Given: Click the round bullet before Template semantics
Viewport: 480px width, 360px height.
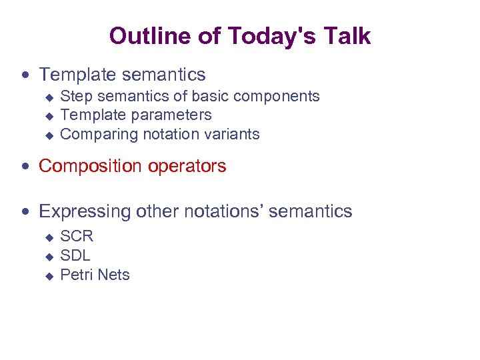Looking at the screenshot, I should tap(25, 75).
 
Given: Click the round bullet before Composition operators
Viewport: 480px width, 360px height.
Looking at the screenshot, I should tap(25, 167).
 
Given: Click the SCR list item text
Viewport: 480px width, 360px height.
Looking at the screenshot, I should tap(77, 236).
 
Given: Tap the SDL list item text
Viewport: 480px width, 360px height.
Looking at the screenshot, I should tap(75, 255).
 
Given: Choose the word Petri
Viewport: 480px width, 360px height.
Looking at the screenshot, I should tap(75, 275).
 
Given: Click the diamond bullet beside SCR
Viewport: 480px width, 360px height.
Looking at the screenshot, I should tap(48, 237).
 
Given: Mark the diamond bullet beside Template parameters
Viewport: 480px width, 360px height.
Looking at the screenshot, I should tap(48, 116).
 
